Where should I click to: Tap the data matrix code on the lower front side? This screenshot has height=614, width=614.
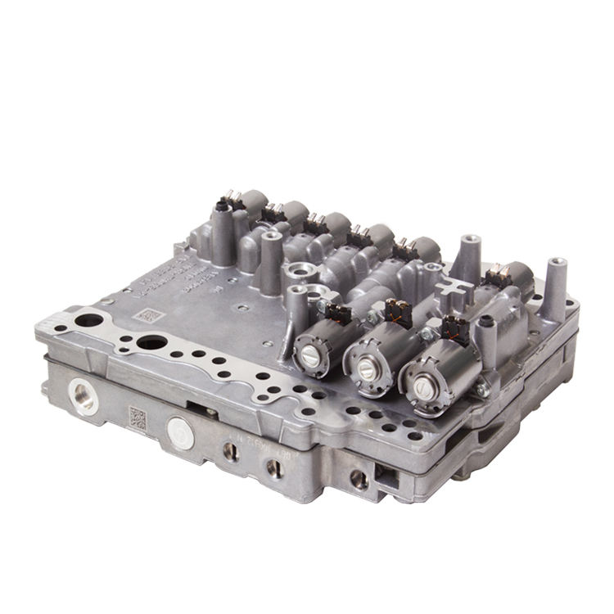[138, 418]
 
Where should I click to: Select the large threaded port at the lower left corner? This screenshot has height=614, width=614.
[84, 397]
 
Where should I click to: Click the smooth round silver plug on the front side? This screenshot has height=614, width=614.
[180, 433]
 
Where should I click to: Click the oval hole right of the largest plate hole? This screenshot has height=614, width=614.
[151, 342]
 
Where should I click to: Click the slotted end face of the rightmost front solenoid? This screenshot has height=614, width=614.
[420, 383]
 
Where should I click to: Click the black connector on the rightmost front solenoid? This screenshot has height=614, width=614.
[454, 329]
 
